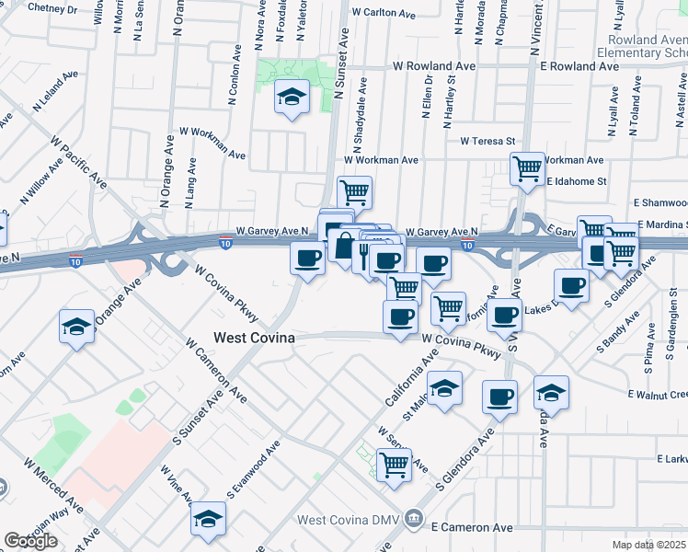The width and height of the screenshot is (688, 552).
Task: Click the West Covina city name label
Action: pyautogui.click(x=254, y=338)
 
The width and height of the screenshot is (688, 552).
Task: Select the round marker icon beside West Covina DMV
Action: pyautogui.click(x=416, y=521)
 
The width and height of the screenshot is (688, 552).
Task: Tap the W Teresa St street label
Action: pyautogui.click(x=487, y=141)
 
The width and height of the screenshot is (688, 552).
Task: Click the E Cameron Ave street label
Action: pyautogui.click(x=471, y=527)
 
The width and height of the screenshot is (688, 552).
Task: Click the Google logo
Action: pyautogui.click(x=30, y=541)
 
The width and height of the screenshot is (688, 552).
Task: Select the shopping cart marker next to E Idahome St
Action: pyautogui.click(x=527, y=168)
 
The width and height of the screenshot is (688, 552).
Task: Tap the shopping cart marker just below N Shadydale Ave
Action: pyautogui.click(x=354, y=192)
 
